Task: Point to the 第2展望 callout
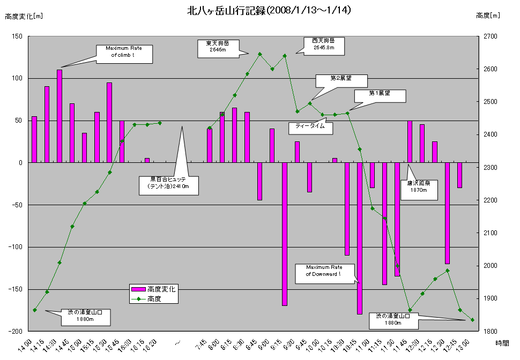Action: (x=341, y=79)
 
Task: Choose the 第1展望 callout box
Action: (x=380, y=95)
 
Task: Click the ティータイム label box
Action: (x=310, y=127)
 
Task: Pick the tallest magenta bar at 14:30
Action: (x=60, y=116)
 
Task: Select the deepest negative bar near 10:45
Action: (x=360, y=238)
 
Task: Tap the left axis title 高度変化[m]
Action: (x=24, y=16)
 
